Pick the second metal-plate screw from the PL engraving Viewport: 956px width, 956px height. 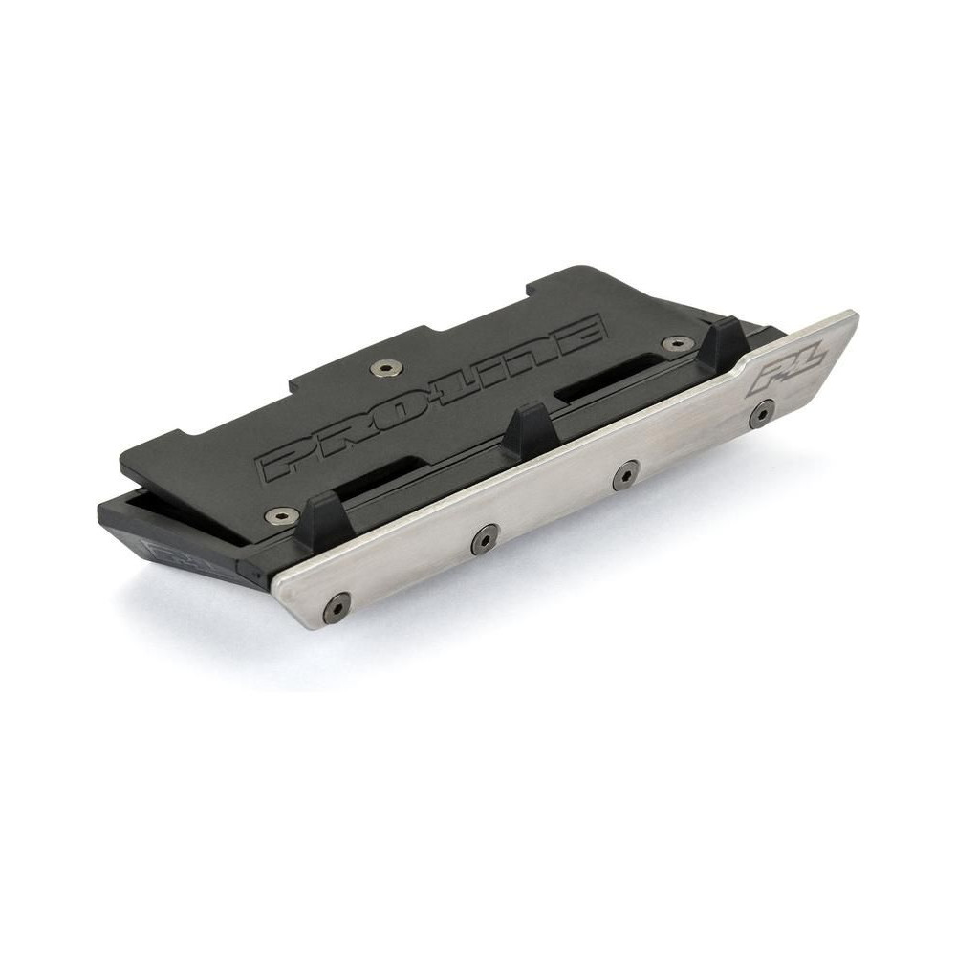point(623,473)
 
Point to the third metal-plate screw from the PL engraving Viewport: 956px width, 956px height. point(485,537)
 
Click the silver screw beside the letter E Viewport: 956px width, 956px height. point(676,344)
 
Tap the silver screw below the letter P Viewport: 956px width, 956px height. point(278,516)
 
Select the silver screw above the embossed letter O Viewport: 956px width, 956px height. point(385,367)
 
